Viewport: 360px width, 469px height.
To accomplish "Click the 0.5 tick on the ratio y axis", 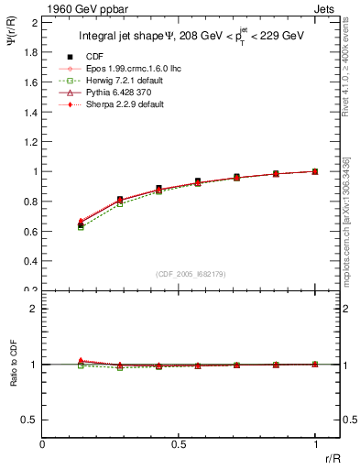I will coord(31,420).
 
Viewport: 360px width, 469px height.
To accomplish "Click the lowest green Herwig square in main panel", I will coord(81,226).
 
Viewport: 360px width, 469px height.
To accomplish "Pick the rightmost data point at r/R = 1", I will coord(315,171).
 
